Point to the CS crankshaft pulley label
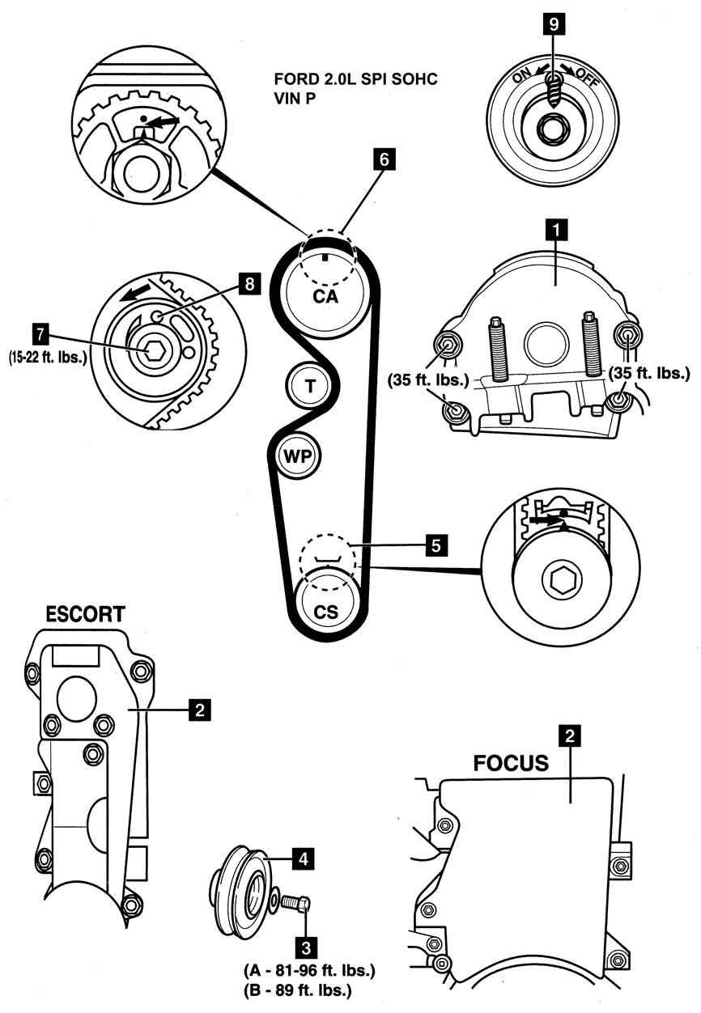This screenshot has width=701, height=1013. (325, 612)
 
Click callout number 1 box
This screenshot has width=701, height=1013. (554, 230)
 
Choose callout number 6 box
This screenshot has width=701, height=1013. (385, 159)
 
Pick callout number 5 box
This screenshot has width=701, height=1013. (435, 546)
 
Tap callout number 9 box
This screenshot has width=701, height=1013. (554, 23)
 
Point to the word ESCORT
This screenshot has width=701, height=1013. (85, 614)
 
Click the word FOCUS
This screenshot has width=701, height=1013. (512, 762)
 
